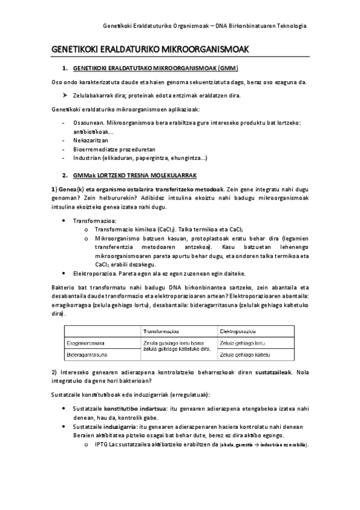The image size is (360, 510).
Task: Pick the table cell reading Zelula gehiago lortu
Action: click(x=243, y=343)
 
